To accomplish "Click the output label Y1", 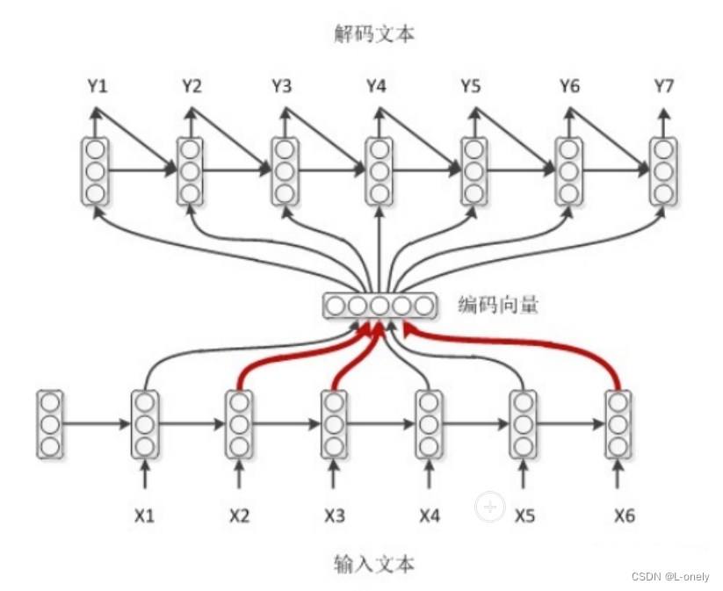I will (97, 86).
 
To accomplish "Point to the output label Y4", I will (376, 86).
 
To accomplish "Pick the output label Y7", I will (663, 86).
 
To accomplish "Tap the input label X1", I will (145, 515).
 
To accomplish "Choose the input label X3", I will (334, 515).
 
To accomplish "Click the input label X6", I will (624, 515).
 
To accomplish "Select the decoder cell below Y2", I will (190, 171).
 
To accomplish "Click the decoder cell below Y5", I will (474, 171).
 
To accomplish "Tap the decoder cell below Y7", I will (663, 171).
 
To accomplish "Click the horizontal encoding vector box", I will (380, 306).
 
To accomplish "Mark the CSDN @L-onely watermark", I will (670, 575).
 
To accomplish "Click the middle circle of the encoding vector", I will (380, 306).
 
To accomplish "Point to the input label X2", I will (239, 515).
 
